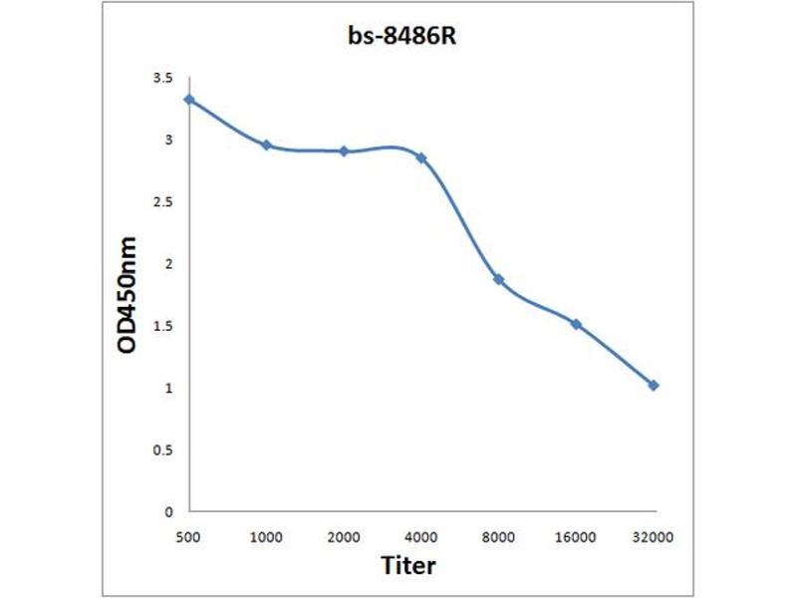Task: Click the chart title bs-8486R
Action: tap(398, 42)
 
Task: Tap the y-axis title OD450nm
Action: tap(128, 296)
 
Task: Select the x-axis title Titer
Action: tap(408, 565)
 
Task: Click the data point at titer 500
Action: tap(189, 99)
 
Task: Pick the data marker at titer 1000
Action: tap(267, 145)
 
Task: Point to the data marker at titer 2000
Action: tap(344, 151)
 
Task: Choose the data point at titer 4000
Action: tap(421, 157)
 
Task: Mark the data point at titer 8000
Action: tap(498, 279)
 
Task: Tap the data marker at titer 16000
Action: tap(576, 323)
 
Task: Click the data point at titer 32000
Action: tap(654, 385)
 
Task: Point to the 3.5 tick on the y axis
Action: tap(162, 78)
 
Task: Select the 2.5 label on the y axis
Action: tap(162, 202)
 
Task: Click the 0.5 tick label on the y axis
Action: tap(162, 450)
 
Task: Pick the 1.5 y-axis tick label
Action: tap(162, 326)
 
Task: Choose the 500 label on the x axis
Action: tap(189, 537)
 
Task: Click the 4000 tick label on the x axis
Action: tap(421, 537)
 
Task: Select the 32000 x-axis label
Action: tap(654, 537)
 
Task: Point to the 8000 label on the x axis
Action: tap(498, 537)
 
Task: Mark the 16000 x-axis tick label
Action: tap(576, 537)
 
